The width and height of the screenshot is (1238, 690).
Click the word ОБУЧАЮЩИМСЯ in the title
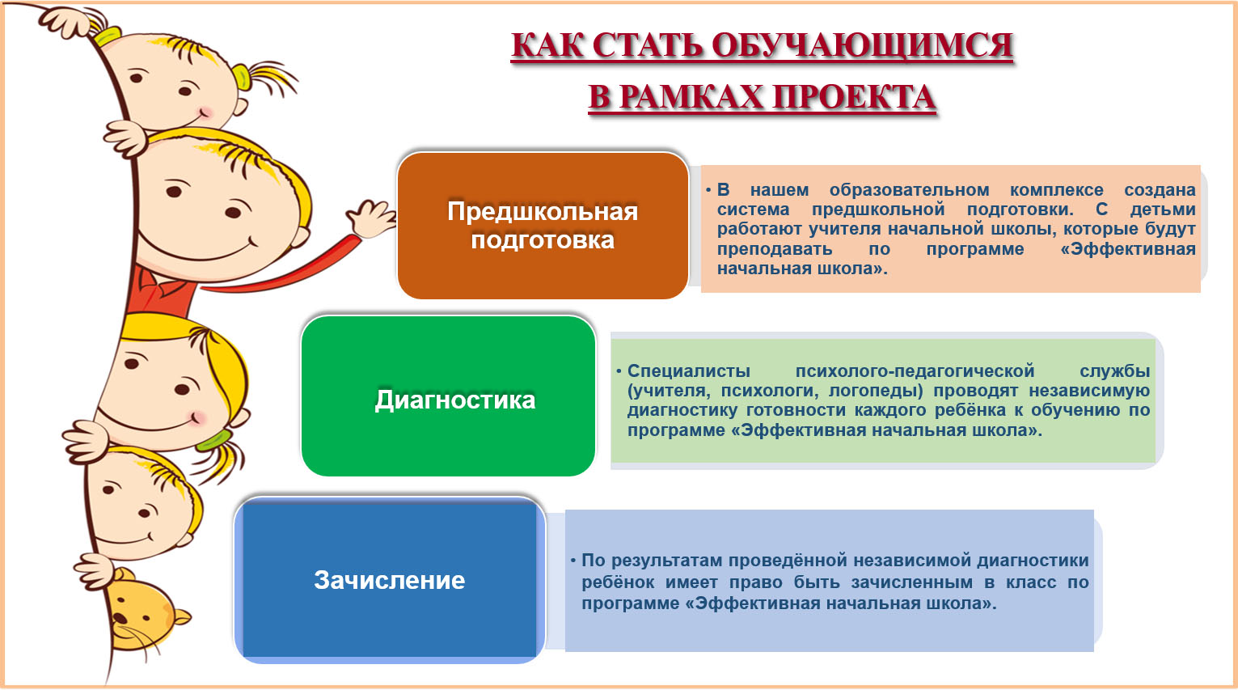click(862, 45)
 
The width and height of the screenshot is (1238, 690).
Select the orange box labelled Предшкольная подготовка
click(543, 226)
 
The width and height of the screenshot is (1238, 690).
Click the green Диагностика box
click(448, 396)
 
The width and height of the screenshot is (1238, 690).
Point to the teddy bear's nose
click(120, 617)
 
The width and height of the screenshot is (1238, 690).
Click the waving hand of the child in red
click(370, 218)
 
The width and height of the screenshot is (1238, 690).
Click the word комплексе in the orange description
click(1056, 190)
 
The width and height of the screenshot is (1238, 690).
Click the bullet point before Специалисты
click(619, 370)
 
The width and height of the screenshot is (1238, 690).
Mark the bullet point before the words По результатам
click(573, 560)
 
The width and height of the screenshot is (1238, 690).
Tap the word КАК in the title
click(547, 45)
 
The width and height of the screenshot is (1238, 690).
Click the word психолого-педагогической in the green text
click(915, 370)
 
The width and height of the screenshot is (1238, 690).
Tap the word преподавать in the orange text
click(775, 249)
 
